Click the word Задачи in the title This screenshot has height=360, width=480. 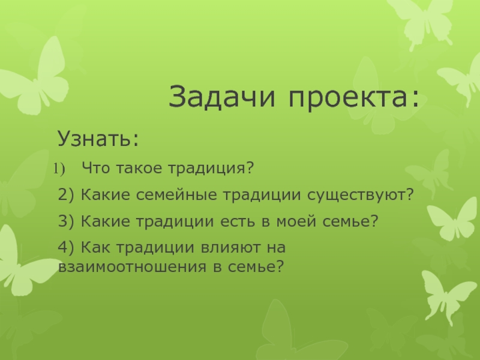(x=221, y=97)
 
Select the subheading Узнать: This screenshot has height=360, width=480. (x=98, y=139)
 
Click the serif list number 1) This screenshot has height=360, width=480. (x=59, y=169)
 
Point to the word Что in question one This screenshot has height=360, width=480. (x=96, y=168)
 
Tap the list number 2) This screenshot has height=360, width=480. (x=66, y=194)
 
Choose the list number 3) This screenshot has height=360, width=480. (x=66, y=221)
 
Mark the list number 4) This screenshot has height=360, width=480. (x=66, y=247)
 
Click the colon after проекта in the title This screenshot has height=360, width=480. (x=415, y=98)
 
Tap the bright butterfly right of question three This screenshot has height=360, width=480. (x=453, y=219)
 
